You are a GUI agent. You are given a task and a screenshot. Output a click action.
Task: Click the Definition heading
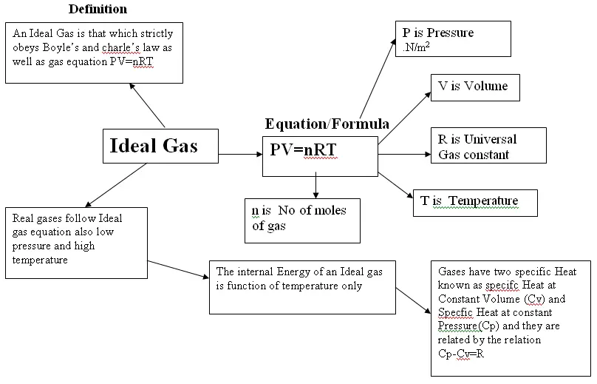point(98,9)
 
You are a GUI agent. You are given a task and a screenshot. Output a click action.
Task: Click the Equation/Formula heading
point(327,124)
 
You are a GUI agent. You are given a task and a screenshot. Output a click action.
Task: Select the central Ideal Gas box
point(160,146)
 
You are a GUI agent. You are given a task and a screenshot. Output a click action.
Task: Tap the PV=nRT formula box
point(320,156)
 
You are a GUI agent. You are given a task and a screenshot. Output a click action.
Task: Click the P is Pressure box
point(453,39)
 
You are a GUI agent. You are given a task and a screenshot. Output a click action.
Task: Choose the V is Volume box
point(475,88)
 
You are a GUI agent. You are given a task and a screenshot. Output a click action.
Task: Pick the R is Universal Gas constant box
point(488,145)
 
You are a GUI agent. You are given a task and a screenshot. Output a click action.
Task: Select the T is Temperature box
point(475,203)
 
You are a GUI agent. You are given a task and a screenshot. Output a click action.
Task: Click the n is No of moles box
point(302,220)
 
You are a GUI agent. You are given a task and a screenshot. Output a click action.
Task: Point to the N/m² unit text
point(416,47)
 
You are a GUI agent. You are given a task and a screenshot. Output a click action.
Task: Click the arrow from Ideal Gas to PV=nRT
point(241,155)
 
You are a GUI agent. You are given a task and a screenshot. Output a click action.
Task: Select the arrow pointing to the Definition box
point(147,105)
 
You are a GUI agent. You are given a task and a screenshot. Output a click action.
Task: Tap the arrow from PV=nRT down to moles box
point(315,185)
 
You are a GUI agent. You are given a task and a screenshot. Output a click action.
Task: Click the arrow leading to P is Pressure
point(378,78)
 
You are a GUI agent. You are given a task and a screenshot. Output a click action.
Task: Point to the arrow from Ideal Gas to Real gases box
point(116,185)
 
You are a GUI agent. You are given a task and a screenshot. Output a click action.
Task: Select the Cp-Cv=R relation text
point(461,354)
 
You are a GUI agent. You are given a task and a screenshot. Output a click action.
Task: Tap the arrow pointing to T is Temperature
point(395,185)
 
